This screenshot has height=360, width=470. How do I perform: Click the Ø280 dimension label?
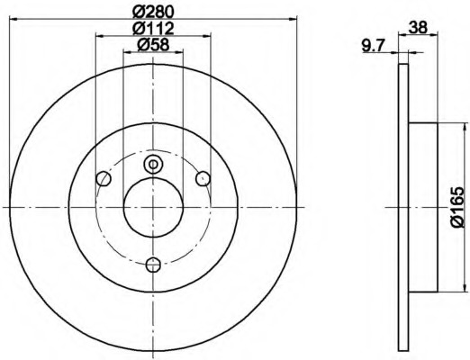click(151, 11)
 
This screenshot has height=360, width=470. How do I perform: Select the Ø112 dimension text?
click(151, 29)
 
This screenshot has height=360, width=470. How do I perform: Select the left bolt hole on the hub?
click(103, 178)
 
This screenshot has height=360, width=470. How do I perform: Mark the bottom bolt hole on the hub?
click(153, 264)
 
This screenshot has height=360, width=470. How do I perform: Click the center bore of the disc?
click(153, 206)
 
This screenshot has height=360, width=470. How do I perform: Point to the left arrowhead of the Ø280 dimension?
click(13, 20)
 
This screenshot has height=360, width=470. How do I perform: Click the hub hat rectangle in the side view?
click(423, 206)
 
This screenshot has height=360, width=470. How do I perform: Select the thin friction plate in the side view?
click(403, 206)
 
